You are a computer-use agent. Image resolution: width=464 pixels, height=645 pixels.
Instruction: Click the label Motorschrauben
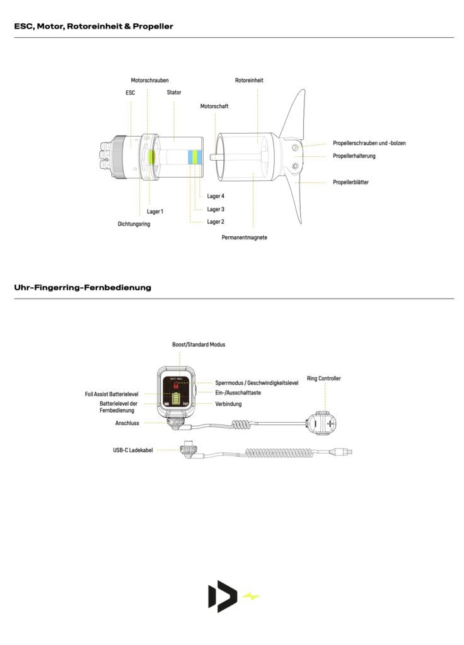tap(149, 81)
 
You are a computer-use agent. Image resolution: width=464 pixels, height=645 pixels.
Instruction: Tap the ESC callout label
tap(130, 93)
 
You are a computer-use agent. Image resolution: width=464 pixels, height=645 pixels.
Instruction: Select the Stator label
tap(174, 93)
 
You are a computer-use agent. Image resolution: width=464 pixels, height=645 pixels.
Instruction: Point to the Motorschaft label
tap(214, 106)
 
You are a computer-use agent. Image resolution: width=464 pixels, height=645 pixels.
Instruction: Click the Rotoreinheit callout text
tap(249, 81)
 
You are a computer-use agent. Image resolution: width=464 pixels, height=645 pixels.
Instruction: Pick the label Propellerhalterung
tap(354, 156)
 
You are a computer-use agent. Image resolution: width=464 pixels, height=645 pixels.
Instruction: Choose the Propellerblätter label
tap(351, 182)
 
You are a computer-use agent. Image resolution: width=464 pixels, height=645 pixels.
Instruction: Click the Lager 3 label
tap(216, 209)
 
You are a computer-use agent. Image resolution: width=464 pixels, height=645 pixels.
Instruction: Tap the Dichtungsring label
tap(134, 224)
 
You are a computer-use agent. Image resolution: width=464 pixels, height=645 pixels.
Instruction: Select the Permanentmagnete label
tap(245, 237)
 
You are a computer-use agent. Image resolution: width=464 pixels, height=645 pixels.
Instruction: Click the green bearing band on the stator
tap(195, 157)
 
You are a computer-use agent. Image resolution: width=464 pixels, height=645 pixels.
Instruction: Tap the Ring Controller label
tap(324, 379)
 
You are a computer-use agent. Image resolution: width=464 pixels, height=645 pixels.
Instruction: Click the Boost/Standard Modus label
tap(199, 345)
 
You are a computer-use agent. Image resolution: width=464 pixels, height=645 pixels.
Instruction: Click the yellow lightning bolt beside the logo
tap(251, 596)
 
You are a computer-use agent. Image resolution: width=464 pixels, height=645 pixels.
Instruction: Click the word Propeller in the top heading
tap(153, 26)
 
